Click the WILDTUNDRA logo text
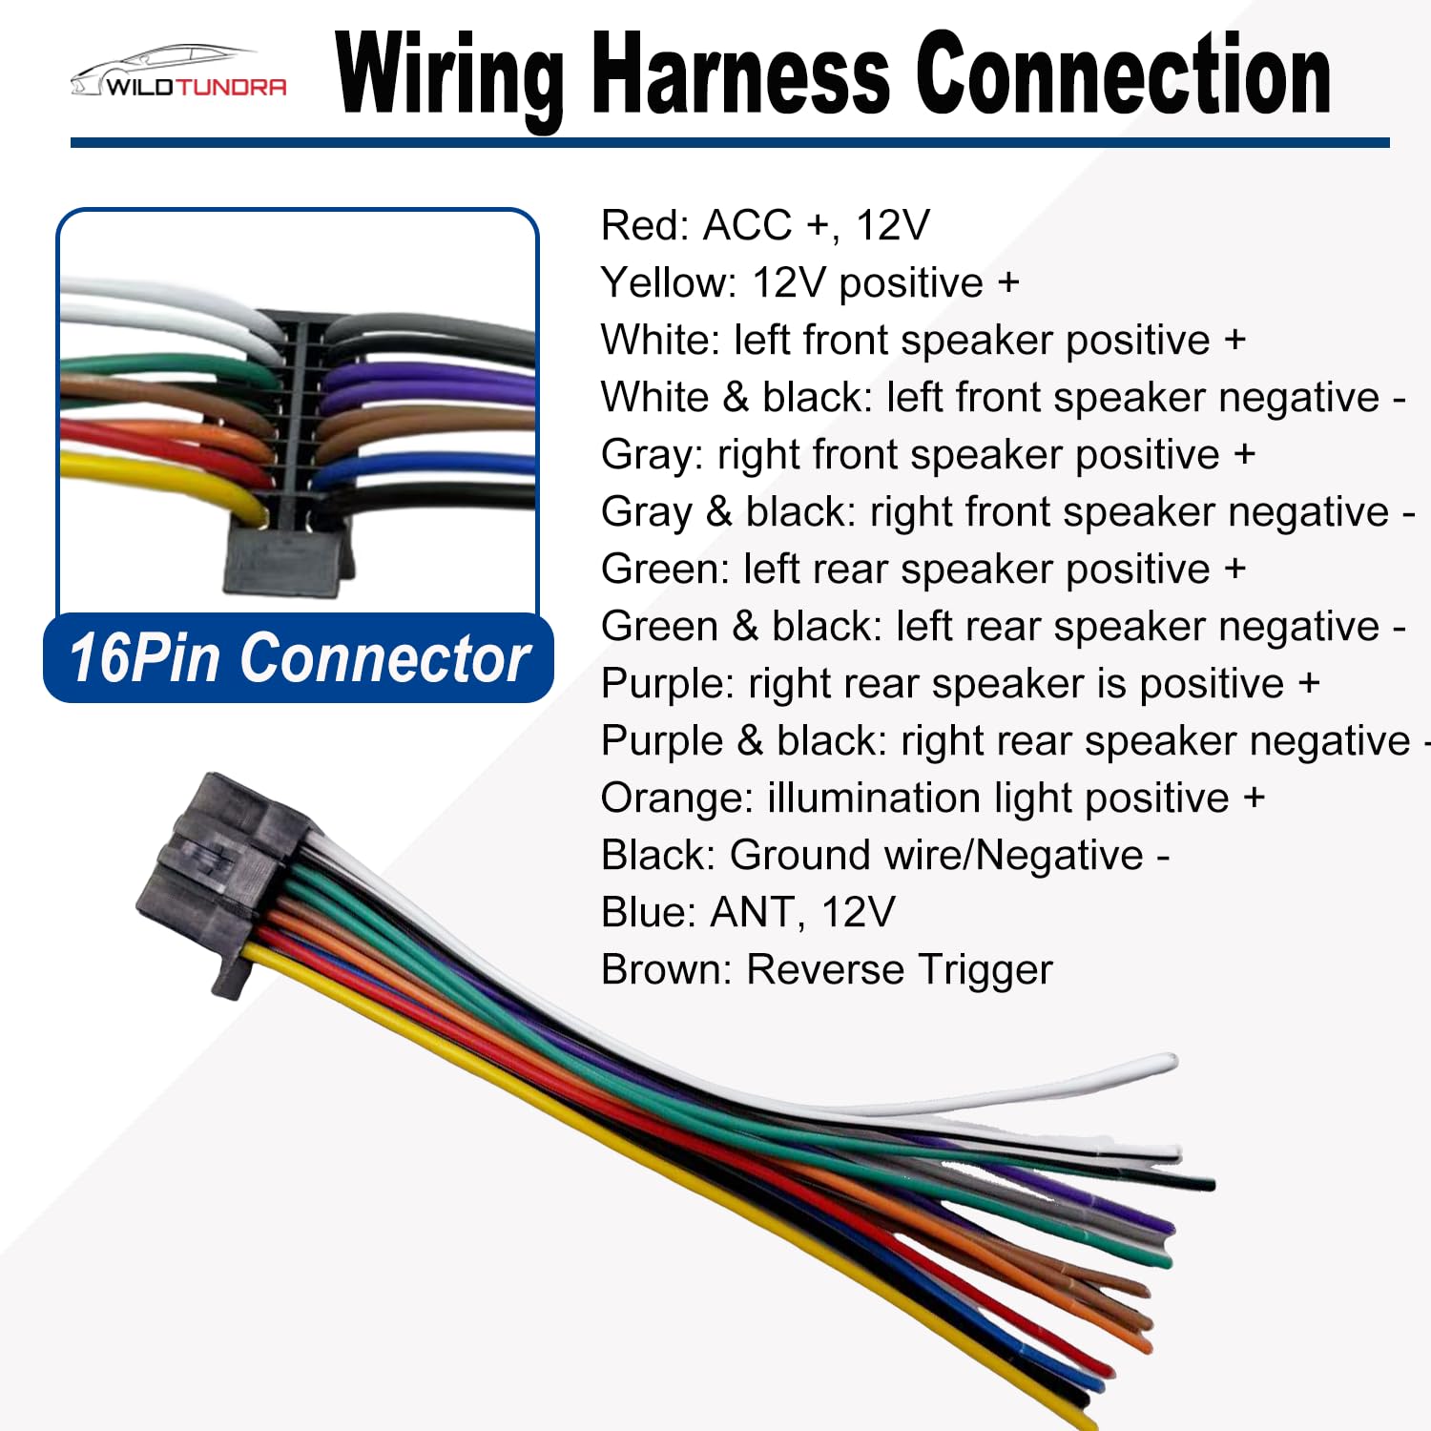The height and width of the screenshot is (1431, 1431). (x=197, y=87)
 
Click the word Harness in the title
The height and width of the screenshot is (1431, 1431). (x=742, y=74)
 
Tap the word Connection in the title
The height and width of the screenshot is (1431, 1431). (x=1124, y=74)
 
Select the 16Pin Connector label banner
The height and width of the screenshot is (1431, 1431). (x=299, y=658)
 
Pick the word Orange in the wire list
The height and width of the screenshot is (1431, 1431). (x=677, y=799)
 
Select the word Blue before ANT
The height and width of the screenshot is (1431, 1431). (x=649, y=913)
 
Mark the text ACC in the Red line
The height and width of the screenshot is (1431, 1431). (x=747, y=226)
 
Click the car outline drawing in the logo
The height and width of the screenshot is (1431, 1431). (x=162, y=67)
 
